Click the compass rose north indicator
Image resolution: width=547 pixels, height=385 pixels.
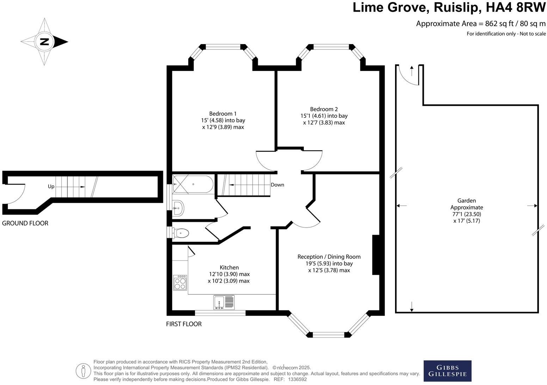click(44, 42)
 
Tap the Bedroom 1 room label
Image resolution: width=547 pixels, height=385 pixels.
click(223, 114)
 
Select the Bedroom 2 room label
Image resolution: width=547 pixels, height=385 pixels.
click(324, 109)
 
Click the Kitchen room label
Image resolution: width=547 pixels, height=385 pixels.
click(229, 268)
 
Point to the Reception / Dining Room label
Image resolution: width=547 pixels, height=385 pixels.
click(329, 257)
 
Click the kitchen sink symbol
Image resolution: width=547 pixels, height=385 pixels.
click(223, 302)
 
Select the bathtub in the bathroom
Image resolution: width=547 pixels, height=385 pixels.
click(193, 184)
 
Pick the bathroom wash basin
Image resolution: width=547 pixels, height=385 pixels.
click(178, 208)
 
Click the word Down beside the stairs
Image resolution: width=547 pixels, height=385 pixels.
click(277, 185)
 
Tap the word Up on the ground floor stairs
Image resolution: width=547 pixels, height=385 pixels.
click(51, 187)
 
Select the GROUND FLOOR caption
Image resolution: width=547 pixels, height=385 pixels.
click(25, 223)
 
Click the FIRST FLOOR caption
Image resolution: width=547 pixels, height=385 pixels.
click(184, 324)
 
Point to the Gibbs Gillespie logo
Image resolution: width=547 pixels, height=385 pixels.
click(447, 371)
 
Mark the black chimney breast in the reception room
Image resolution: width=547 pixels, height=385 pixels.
click(375, 255)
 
